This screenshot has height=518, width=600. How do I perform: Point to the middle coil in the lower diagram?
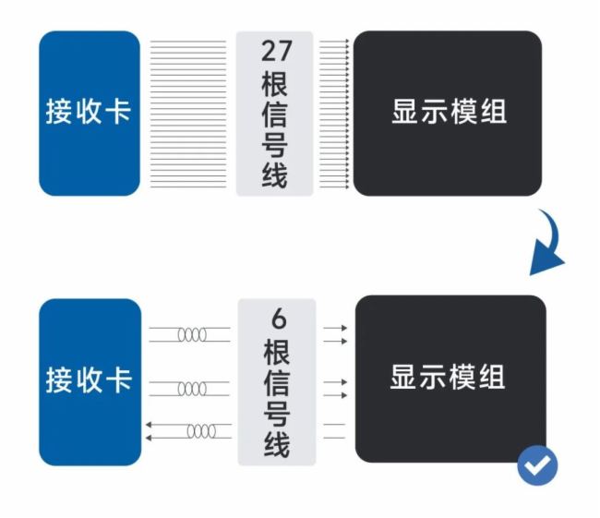(192, 388)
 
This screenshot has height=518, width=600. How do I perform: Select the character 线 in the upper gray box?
(275, 174)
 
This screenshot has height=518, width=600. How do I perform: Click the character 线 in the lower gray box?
(275, 443)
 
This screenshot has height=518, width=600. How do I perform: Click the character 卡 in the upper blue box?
(117, 113)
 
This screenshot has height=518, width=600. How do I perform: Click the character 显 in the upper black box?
(406, 113)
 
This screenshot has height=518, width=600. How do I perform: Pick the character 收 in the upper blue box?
(89, 113)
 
